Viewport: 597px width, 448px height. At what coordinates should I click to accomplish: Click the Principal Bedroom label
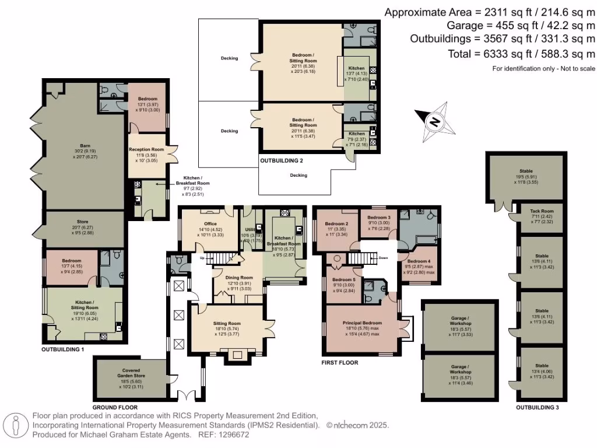click(x=363, y=323)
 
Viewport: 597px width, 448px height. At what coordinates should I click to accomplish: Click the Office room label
click(x=210, y=223)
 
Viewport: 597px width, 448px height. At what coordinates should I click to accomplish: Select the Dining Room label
click(x=240, y=277)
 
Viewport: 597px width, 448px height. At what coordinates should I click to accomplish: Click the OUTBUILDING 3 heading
click(x=538, y=407)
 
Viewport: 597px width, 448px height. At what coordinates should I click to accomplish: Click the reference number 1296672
click(x=233, y=435)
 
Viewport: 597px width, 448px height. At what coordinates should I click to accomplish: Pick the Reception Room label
click(x=146, y=150)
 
